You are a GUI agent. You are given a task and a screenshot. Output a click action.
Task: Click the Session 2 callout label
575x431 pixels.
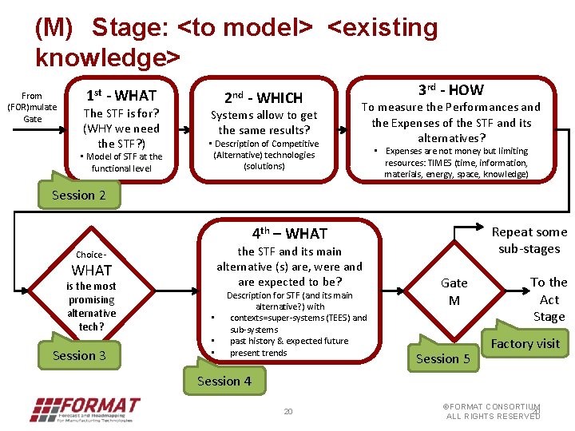(x=78, y=196)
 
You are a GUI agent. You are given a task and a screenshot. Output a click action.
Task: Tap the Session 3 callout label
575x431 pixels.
(x=78, y=355)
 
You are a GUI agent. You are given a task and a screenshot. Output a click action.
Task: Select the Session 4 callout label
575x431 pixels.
(x=224, y=381)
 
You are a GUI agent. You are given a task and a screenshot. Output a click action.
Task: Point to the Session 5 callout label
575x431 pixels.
(x=442, y=358)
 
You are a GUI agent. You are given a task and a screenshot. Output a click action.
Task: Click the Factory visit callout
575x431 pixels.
(x=525, y=344)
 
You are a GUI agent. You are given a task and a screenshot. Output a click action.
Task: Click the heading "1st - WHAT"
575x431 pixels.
(x=121, y=95)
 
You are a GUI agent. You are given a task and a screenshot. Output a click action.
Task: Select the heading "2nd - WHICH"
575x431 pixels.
(x=263, y=98)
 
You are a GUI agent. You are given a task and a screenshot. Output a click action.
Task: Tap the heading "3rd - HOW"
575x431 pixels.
(x=451, y=90)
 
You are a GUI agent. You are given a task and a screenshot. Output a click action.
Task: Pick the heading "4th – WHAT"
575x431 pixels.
(x=289, y=234)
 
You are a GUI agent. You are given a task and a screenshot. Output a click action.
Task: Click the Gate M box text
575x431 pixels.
(x=454, y=291)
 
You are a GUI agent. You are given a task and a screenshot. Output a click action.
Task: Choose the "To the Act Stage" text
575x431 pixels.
(x=549, y=299)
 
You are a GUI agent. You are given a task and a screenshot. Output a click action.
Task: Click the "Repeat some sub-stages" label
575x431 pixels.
(x=529, y=240)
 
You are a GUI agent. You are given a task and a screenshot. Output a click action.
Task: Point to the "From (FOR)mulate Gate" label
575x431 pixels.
(x=32, y=107)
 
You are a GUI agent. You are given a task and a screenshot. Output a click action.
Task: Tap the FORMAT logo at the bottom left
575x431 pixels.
(x=83, y=408)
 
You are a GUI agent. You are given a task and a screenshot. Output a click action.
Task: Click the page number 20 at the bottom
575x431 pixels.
(x=288, y=412)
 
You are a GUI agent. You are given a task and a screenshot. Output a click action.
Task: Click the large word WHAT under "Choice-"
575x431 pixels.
(x=92, y=271)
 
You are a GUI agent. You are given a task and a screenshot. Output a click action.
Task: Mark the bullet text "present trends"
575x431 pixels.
(x=258, y=353)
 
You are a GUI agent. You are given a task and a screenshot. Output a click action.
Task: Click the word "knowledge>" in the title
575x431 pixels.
(x=108, y=57)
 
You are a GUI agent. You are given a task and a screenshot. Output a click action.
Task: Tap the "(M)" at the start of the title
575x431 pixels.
(x=54, y=28)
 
